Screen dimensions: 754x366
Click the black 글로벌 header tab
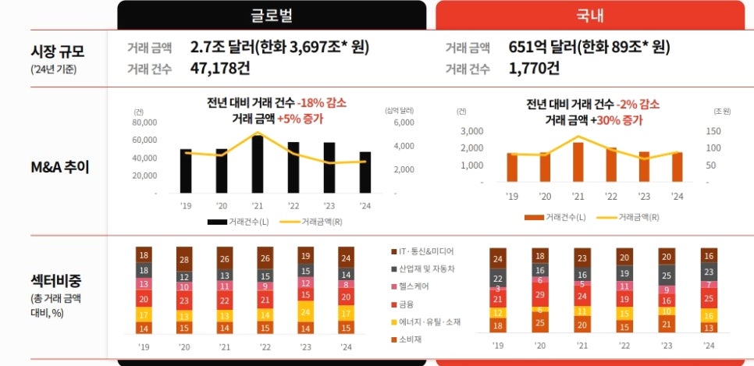click(272, 15)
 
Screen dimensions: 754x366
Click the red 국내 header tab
click(590, 15)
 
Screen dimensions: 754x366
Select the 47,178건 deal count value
click(220, 69)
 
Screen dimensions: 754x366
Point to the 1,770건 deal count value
click(534, 69)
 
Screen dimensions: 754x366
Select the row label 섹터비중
click(54, 280)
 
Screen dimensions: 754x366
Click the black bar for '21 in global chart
click(258, 164)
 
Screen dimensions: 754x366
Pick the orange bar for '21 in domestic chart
click(578, 162)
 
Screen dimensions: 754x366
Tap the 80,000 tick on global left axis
click(144, 123)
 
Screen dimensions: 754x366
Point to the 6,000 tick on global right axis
click(404, 123)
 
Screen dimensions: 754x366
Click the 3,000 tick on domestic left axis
click(472, 131)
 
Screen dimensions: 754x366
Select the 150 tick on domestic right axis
click(714, 131)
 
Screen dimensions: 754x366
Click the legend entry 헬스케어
click(411, 286)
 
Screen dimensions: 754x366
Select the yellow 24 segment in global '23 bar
click(305, 311)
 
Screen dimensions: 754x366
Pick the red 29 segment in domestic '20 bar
click(539, 294)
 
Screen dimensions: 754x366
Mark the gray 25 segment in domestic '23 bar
click(666, 275)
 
